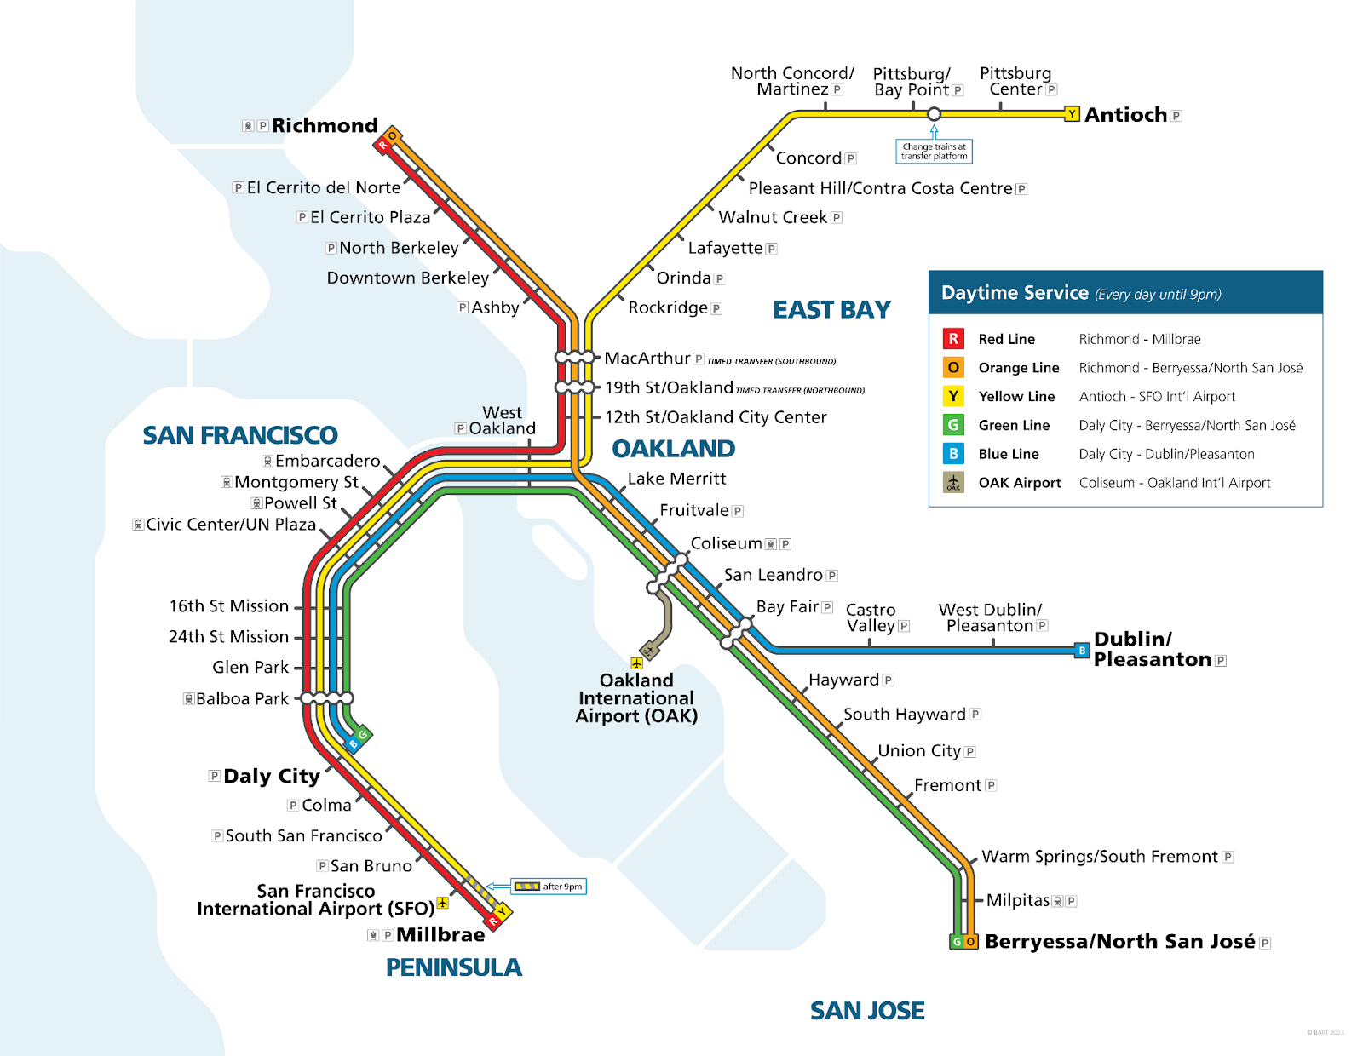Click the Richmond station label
coord(325,126)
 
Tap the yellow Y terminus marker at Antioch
coord(1073,114)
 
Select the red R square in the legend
coord(953,339)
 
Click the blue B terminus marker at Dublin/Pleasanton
coord(1082,651)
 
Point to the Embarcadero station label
coord(327,461)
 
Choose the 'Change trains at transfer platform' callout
coord(934,152)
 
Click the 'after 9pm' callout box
coord(549,887)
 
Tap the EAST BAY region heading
coord(831,310)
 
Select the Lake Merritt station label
coord(676,479)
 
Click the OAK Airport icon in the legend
coord(953,483)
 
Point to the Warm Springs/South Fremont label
coord(1099,857)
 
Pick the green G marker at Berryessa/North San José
coord(957,942)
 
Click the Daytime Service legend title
coord(1015,293)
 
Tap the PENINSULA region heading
coord(453,967)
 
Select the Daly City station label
coord(271,776)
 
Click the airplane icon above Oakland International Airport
coord(636,663)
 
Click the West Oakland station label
coord(502,421)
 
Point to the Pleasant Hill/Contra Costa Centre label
coord(880,188)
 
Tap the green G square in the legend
coord(953,425)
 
